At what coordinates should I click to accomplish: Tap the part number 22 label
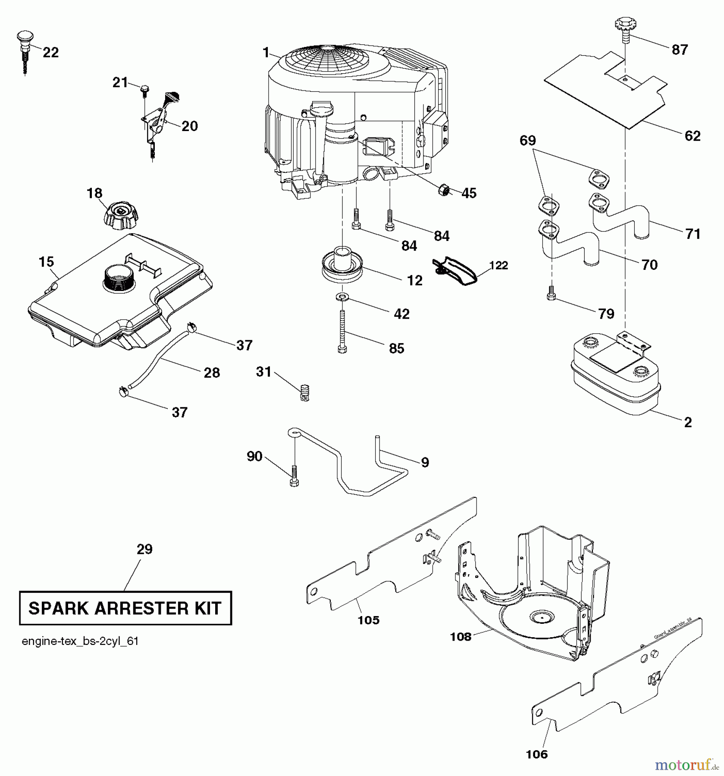coord(50,53)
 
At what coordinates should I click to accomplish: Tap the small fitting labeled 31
coord(305,393)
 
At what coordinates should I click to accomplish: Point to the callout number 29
coord(144,549)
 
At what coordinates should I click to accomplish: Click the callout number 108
coord(461,636)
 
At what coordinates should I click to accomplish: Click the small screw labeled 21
coord(144,88)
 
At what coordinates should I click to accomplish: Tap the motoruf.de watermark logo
coord(686,765)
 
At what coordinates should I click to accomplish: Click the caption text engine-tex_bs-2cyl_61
coord(80,641)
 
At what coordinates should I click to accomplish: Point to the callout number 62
coord(693,136)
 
